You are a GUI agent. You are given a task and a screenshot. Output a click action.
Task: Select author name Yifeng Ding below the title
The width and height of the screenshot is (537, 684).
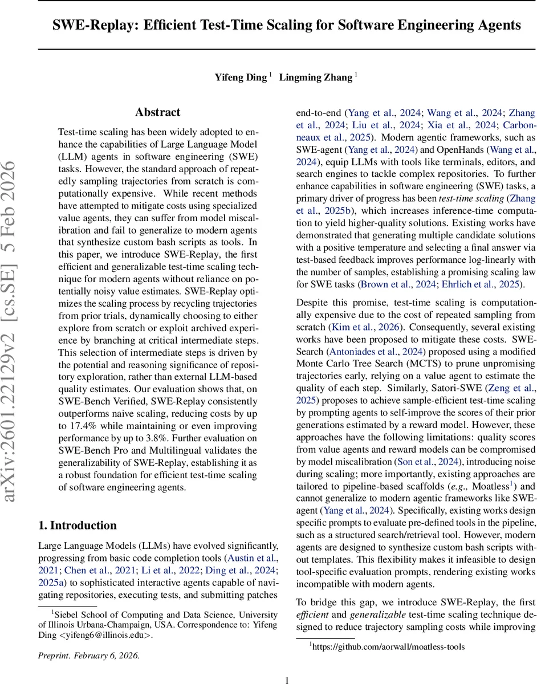coord(241,77)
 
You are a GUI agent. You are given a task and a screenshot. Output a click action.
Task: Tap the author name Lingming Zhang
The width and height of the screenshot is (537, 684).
coord(315,77)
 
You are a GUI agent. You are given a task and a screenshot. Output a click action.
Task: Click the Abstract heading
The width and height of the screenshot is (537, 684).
coord(157,112)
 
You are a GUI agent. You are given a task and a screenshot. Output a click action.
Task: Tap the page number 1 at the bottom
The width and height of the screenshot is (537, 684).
coord(287,665)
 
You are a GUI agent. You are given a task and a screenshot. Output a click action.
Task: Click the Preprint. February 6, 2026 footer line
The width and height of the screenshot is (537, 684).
coord(89,639)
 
